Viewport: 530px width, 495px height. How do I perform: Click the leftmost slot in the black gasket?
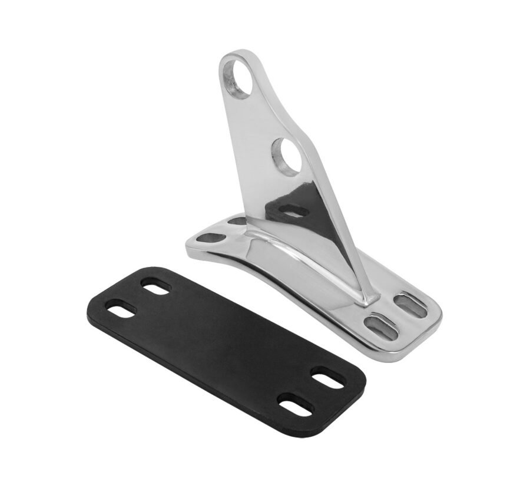[x=121, y=308]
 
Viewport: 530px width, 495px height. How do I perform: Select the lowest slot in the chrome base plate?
[x=376, y=323]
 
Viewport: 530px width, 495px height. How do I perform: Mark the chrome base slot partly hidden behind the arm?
[x=237, y=222]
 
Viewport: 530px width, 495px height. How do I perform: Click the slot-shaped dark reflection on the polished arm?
[x=293, y=210]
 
